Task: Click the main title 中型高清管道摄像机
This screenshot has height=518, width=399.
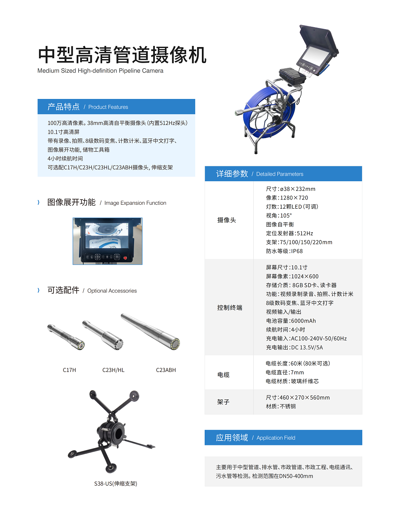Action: tap(122, 55)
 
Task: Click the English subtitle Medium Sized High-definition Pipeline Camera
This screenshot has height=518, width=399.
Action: tap(100, 71)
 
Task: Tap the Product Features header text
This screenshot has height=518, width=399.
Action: tap(108, 107)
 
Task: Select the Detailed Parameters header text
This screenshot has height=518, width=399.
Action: tap(279, 174)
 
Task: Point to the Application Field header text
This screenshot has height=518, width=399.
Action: tap(276, 438)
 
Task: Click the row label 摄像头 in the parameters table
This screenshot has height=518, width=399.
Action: tap(227, 220)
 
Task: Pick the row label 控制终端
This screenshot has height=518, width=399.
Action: tap(229, 308)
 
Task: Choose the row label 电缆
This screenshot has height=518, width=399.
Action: tap(223, 375)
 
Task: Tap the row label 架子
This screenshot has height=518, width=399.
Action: tap(223, 402)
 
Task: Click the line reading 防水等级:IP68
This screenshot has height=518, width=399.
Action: tap(284, 251)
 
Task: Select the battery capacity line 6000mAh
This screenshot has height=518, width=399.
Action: tap(290, 321)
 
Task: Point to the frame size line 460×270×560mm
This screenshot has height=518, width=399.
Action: tap(298, 397)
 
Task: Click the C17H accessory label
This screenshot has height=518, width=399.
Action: tap(69, 370)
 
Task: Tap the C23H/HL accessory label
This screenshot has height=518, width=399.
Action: tap(113, 370)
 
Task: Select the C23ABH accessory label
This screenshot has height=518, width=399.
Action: tap(166, 370)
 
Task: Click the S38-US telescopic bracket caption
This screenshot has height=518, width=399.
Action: tap(116, 484)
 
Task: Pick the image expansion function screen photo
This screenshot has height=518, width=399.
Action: tap(107, 241)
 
